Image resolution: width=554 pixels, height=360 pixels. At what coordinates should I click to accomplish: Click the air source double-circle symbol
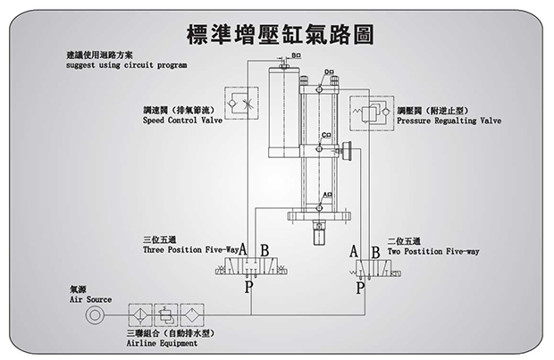tap(93, 315)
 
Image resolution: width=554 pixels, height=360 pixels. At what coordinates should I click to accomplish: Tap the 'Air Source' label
tap(91, 299)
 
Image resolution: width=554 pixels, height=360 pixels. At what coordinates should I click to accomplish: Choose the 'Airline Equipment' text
tap(160, 342)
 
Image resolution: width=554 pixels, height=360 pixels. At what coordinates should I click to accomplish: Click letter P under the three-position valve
tap(250, 288)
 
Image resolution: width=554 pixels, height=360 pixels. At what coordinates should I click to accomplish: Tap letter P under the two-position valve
tap(360, 288)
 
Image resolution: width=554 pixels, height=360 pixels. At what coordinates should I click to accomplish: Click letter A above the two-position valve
tap(354, 250)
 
